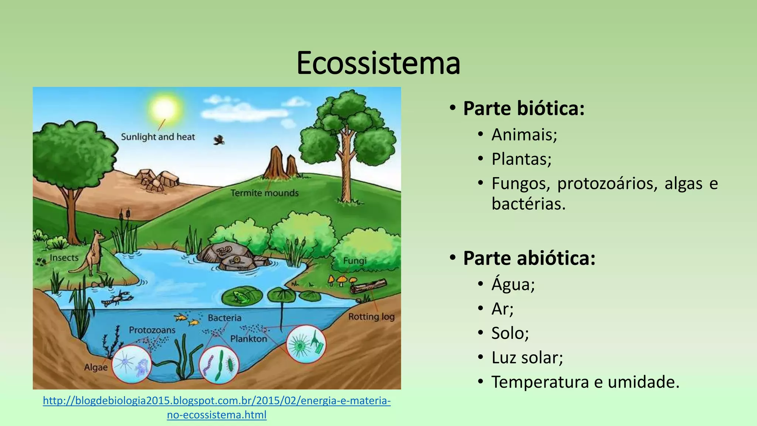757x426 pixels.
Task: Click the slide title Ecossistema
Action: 378,63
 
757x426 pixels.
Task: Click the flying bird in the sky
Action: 219,140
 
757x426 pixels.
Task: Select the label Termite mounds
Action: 264,193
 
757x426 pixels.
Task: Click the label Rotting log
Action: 371,317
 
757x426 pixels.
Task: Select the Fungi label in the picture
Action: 354,261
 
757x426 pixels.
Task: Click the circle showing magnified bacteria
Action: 219,364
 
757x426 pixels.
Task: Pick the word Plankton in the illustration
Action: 248,339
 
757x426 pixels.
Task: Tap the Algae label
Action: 96,368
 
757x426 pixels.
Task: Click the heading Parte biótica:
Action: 523,108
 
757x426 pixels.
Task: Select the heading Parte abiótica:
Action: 529,258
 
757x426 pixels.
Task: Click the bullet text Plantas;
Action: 521,159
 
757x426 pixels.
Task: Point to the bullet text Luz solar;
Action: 527,358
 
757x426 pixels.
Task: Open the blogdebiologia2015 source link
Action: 217,401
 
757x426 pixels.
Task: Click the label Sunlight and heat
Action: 158,137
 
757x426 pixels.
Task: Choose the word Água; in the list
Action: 513,284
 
